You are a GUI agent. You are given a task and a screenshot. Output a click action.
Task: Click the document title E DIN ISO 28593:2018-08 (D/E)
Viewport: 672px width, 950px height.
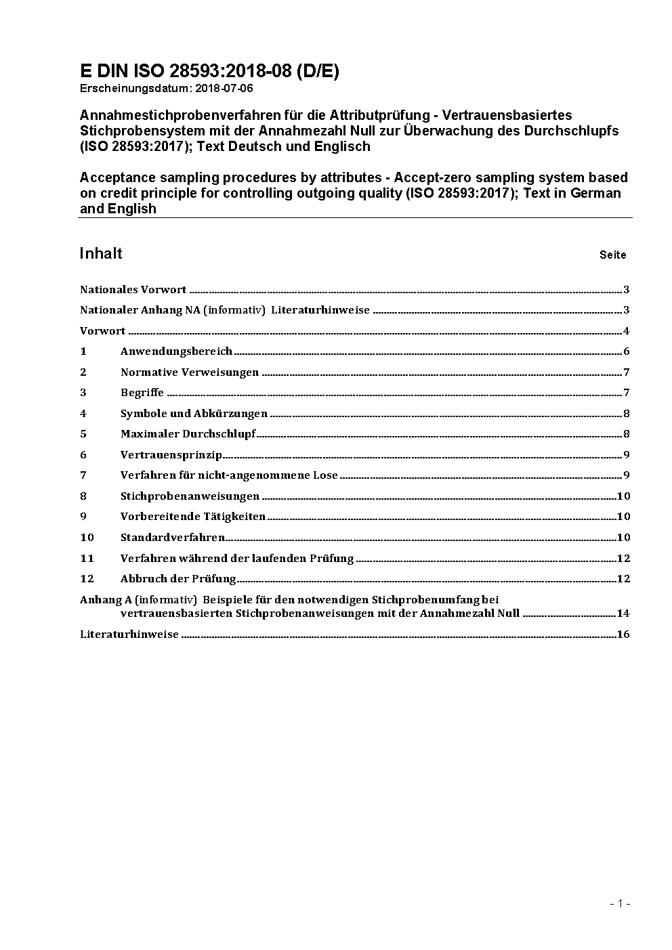click(209, 71)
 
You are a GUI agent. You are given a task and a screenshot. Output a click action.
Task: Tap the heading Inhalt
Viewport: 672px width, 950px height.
click(101, 253)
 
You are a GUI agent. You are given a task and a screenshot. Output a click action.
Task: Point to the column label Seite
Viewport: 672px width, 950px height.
click(612, 255)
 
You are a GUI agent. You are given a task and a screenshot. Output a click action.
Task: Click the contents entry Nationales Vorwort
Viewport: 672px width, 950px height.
click(133, 290)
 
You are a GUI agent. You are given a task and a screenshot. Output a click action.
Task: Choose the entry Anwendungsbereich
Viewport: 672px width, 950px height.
click(176, 351)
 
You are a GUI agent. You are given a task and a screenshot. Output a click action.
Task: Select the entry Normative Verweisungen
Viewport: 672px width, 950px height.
click(190, 372)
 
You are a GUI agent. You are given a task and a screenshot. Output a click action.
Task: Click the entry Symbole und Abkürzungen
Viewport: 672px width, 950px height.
click(194, 414)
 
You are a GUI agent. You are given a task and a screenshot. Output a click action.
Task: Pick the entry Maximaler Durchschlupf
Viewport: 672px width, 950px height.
click(188, 434)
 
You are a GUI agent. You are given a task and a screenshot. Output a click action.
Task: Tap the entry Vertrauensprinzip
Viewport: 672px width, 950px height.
click(171, 455)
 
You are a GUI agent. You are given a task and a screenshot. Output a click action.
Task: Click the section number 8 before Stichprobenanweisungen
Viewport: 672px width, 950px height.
click(83, 496)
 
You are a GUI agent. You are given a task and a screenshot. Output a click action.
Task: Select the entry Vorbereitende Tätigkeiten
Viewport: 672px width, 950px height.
click(193, 517)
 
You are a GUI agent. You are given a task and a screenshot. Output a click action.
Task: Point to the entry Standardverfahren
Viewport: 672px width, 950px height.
click(172, 538)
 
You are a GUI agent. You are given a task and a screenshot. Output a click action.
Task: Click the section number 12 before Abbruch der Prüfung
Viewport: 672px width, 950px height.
click(87, 579)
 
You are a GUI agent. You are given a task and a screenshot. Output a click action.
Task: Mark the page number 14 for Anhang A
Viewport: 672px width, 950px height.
click(623, 613)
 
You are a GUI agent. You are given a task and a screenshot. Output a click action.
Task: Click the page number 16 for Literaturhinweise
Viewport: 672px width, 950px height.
click(623, 634)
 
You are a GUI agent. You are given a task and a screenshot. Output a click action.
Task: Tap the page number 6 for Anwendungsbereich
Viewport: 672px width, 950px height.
click(627, 351)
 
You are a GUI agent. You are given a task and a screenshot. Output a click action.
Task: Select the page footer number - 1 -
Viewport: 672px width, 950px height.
click(620, 903)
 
